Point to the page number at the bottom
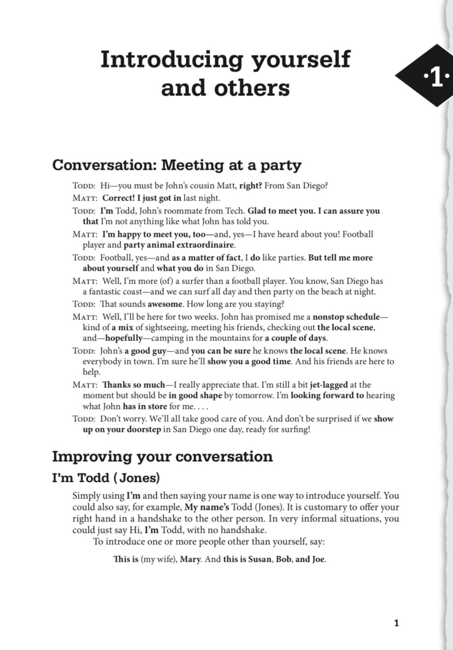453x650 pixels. click(x=396, y=623)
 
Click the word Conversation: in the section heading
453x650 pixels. click(x=104, y=165)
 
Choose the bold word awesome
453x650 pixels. click(x=165, y=304)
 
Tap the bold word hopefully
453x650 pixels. click(x=124, y=338)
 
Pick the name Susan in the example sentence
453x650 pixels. click(x=260, y=559)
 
